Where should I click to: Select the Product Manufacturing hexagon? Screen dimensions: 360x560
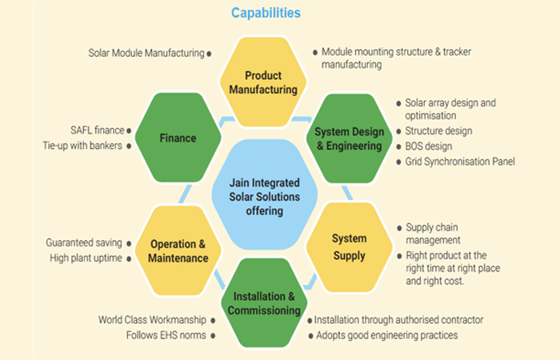click(263, 82)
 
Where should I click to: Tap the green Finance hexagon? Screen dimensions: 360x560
click(177, 138)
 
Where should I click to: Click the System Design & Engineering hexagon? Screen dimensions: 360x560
click(350, 138)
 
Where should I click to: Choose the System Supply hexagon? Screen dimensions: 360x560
click(350, 247)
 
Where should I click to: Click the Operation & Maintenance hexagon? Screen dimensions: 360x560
click(178, 250)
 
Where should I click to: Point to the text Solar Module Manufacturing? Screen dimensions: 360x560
click(146, 54)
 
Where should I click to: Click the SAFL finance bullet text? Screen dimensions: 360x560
click(97, 130)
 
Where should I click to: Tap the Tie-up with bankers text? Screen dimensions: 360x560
click(83, 146)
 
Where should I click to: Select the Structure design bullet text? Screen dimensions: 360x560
click(438, 130)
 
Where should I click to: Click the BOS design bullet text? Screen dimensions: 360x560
click(429, 146)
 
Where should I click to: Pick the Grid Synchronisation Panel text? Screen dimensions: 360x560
click(460, 162)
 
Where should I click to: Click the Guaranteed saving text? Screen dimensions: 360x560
click(84, 242)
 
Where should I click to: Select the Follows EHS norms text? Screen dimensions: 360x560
click(166, 335)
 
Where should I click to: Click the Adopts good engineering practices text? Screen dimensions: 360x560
click(386, 335)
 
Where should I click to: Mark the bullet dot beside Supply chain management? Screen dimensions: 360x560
click(398, 228)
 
